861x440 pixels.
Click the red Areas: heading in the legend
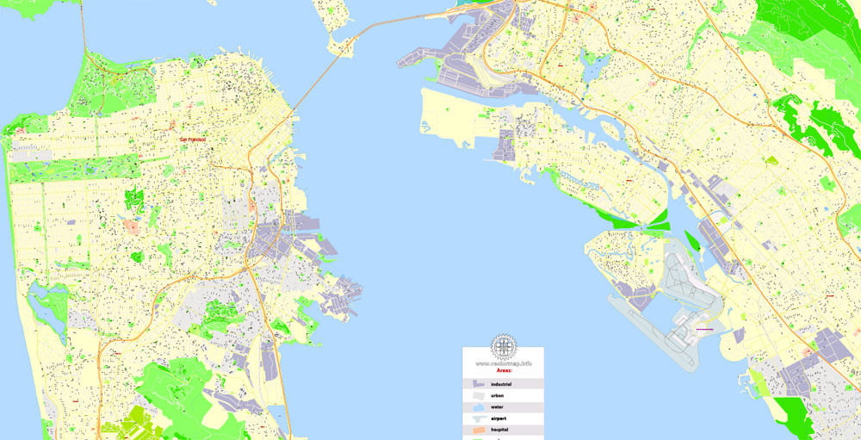click(x=503, y=370)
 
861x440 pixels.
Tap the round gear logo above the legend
click(x=503, y=347)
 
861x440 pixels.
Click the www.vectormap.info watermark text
click(x=503, y=363)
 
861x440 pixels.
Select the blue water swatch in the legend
click(x=479, y=406)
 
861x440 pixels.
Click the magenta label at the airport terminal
click(x=704, y=329)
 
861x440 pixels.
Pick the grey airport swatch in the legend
click(x=479, y=418)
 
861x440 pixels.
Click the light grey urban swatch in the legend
click(x=479, y=395)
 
